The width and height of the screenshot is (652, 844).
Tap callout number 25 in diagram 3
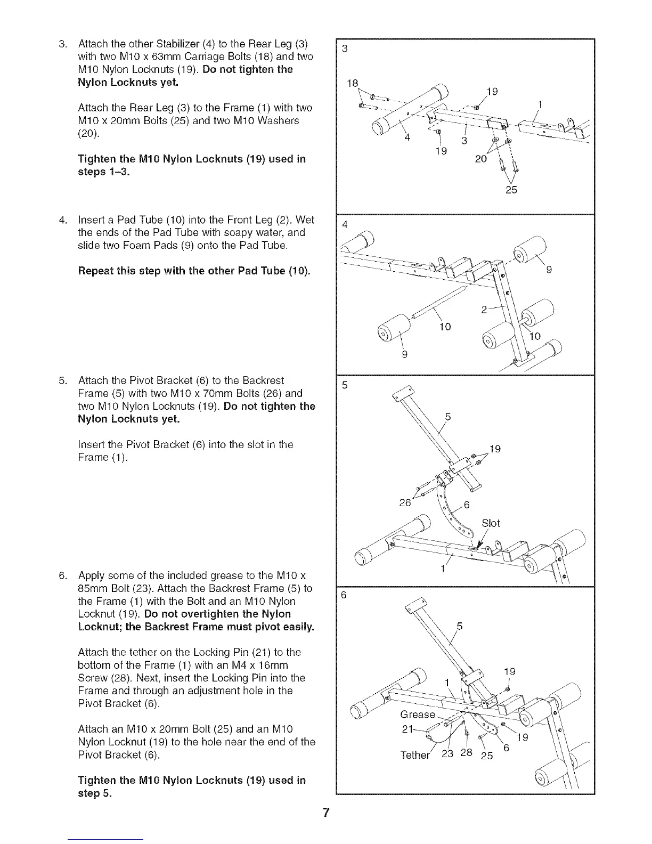pyautogui.click(x=511, y=190)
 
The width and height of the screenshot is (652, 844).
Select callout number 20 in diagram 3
pyautogui.click(x=480, y=158)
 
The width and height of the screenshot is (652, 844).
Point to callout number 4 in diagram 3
pyautogui.click(x=407, y=137)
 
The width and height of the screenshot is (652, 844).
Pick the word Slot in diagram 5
pyautogui.click(x=491, y=523)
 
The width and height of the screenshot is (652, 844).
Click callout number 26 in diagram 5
pyautogui.click(x=405, y=502)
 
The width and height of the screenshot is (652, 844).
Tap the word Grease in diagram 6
pyautogui.click(x=418, y=715)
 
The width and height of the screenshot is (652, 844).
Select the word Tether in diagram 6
pyautogui.click(x=415, y=754)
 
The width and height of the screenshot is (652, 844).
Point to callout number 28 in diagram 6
pyautogui.click(x=466, y=753)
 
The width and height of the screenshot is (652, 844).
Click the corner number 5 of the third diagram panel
pyautogui.click(x=345, y=385)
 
